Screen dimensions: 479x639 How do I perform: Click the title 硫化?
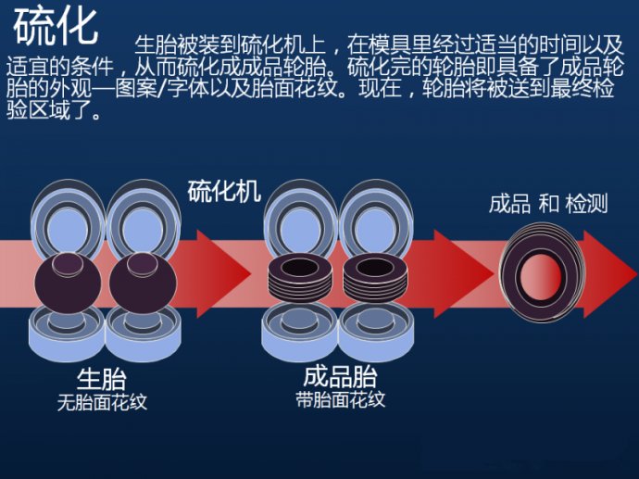coord(56,26)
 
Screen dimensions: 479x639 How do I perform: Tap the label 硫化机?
coord(224,192)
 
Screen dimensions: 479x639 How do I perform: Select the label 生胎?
coord(102,378)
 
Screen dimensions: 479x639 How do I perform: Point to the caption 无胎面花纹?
coord(102,402)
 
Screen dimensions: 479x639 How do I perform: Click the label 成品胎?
coord(340,377)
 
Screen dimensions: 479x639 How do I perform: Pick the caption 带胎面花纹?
coord(340,400)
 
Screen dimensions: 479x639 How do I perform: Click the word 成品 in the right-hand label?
coord(509,204)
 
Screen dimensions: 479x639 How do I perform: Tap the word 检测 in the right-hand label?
coord(586,204)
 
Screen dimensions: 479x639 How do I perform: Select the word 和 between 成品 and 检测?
coord(548,204)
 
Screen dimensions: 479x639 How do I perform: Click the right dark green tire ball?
coord(141,283)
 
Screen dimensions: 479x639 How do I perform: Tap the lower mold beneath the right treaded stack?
coord(376,334)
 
